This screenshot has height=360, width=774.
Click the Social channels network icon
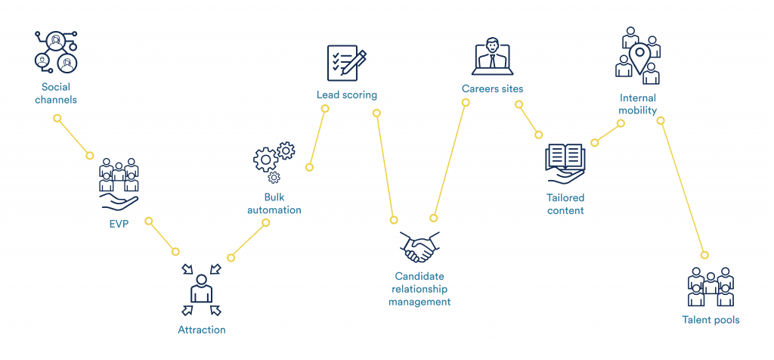point(56,52)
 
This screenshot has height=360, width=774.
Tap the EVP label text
point(119,224)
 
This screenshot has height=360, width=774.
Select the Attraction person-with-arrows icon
point(201,290)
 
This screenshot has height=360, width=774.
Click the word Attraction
point(201,330)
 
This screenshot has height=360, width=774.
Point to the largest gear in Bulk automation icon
point(265,159)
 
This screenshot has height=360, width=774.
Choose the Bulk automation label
point(274,203)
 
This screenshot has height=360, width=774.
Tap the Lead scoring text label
point(346,95)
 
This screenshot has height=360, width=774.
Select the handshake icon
point(420,247)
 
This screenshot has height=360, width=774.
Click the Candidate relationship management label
point(420,289)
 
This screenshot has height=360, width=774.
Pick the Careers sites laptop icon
point(492,56)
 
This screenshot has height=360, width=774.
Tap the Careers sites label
point(492,89)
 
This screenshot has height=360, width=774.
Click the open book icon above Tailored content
point(565,163)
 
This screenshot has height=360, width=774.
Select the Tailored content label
point(565,204)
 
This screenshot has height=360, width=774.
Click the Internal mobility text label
point(638,104)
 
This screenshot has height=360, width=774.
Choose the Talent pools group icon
point(711,287)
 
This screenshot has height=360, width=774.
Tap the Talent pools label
point(711,320)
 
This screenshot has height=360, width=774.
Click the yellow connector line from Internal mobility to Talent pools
point(683,188)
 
